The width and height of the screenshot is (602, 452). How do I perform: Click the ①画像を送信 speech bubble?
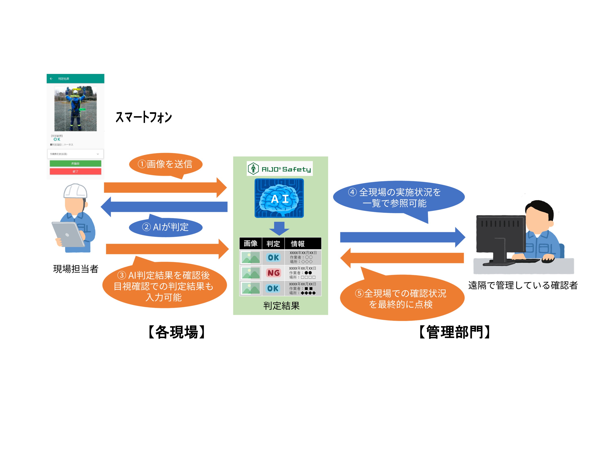pos(166,164)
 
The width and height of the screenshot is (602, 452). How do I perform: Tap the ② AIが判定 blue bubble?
pos(166,227)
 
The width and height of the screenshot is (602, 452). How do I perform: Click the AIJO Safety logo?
pos(280,169)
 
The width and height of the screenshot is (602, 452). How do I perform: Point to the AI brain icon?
pos(279,198)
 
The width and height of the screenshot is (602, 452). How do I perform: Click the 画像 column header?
pos(250,243)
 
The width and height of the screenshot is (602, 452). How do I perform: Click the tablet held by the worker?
pos(68,234)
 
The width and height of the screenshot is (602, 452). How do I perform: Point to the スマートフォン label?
pos(144,117)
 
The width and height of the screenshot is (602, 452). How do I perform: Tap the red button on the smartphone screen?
pos(75,171)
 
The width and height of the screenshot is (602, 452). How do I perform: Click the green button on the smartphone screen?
pos(75,163)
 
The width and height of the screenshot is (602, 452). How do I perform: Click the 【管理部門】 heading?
pos(455,332)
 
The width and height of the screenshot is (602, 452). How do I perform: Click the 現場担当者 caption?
pos(76,269)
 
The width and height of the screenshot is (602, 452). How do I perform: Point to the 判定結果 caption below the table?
pos(281,306)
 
